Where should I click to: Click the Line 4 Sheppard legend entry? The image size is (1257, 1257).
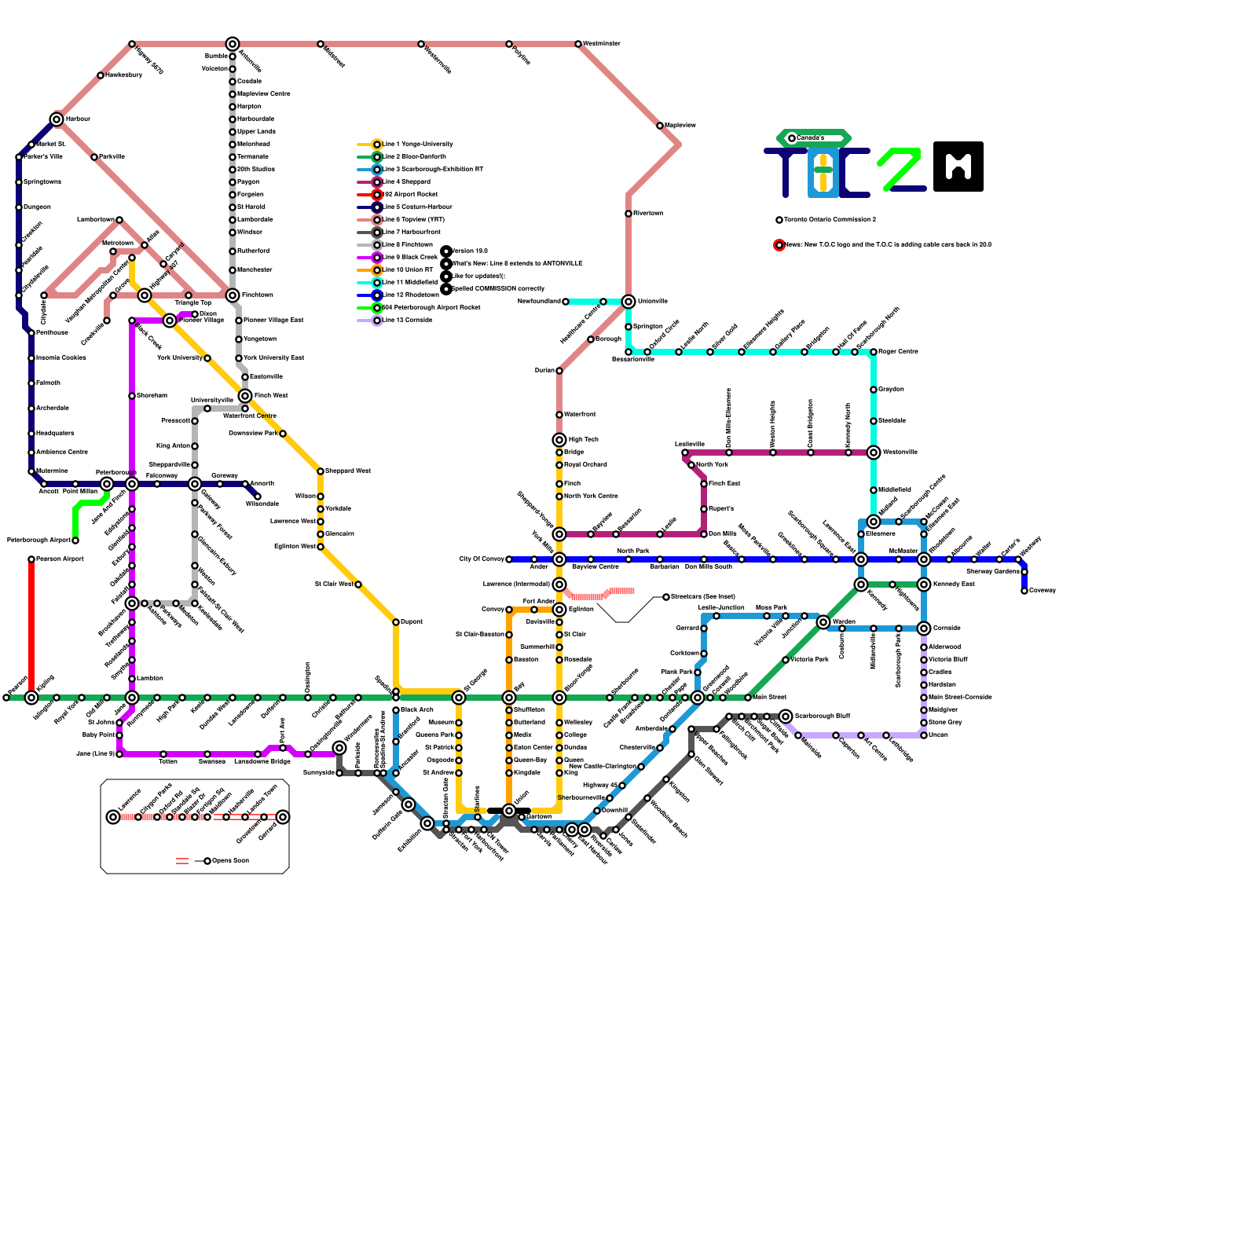[406, 182]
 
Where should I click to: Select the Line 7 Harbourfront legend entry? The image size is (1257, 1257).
[411, 233]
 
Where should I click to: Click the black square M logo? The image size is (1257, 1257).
[958, 167]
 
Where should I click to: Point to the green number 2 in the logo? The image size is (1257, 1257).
[900, 168]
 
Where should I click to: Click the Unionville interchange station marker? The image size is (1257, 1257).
[628, 302]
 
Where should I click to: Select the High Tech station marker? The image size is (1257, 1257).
[559, 440]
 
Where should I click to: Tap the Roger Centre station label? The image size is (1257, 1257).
[898, 352]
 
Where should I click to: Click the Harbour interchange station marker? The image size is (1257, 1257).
[57, 119]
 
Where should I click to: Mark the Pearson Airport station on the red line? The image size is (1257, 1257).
[31, 559]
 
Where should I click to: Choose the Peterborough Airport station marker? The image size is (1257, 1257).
[75, 541]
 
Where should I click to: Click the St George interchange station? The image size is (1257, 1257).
[459, 698]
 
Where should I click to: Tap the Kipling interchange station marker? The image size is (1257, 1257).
[31, 698]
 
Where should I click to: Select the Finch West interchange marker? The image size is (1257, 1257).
[245, 396]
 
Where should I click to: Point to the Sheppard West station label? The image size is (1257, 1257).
[347, 471]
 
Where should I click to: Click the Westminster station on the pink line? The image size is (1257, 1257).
[578, 44]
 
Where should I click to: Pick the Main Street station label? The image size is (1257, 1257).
[769, 698]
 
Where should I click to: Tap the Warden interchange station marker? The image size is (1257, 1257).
[823, 622]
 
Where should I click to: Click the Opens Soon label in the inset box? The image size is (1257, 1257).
[230, 861]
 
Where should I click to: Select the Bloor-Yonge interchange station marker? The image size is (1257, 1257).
[559, 698]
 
